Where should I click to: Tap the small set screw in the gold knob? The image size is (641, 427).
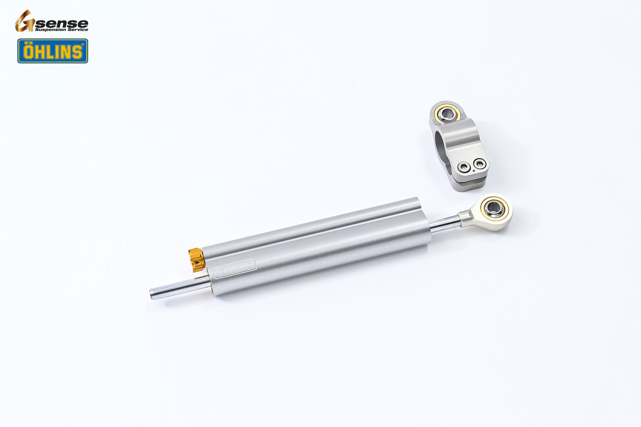(197, 262)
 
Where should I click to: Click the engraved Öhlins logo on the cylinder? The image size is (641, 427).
(234, 268)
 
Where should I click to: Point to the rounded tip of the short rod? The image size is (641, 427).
(152, 294)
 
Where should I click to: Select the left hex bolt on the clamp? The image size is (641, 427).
(464, 167)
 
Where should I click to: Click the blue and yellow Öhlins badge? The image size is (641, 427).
(53, 51)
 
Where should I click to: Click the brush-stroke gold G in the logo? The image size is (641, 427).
(24, 21)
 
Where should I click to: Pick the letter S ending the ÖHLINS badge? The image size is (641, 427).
(77, 52)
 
